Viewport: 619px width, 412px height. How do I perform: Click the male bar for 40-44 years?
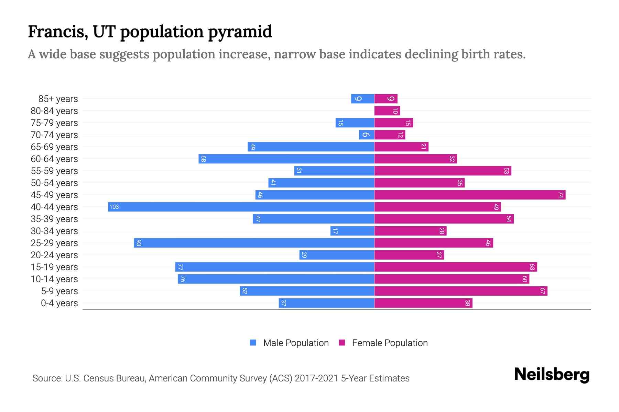point(241,207)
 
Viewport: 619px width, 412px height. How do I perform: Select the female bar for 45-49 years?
point(470,195)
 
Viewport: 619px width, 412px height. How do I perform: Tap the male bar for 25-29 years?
point(254,243)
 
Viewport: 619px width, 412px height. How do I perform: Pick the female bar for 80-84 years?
point(387,111)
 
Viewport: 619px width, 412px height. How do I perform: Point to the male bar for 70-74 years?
point(366,135)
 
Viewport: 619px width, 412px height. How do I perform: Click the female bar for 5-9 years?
point(461,291)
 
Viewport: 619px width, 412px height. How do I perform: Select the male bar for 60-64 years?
point(286,159)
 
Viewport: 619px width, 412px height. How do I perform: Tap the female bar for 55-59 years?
point(443,171)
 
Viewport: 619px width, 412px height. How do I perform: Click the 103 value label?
point(114,207)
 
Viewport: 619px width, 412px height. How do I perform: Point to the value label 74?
point(561,195)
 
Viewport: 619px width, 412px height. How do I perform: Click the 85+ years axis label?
point(58,99)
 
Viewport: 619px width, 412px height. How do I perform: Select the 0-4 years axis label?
point(59,303)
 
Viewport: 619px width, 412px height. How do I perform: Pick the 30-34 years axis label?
point(54,231)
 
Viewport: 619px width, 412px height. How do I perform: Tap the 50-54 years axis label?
point(54,183)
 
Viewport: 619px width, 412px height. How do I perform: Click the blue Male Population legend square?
point(253,343)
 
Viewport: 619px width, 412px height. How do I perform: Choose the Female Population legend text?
point(390,343)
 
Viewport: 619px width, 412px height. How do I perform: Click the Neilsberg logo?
point(552,374)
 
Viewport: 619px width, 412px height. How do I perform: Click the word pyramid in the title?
point(240,32)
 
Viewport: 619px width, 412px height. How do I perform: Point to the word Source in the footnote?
point(47,378)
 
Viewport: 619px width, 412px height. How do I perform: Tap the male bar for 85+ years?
point(362,99)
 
